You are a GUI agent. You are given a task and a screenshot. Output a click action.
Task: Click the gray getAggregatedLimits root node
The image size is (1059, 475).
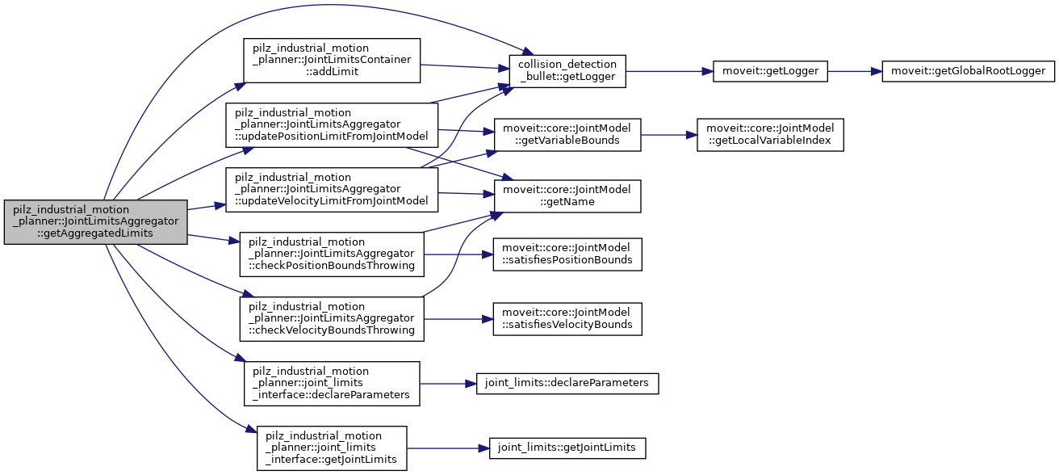pyautogui.click(x=95, y=222)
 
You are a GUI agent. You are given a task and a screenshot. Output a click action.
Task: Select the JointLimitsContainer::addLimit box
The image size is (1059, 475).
pyautogui.click(x=332, y=60)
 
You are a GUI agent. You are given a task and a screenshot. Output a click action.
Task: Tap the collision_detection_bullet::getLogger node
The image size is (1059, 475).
pyautogui.click(x=567, y=70)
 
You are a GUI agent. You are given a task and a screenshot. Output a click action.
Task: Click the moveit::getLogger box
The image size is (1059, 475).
pyautogui.click(x=769, y=70)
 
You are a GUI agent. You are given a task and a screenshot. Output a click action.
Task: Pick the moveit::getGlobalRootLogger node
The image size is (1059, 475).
pyautogui.click(x=968, y=70)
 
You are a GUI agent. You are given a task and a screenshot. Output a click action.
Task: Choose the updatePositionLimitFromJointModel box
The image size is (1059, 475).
pyautogui.click(x=331, y=124)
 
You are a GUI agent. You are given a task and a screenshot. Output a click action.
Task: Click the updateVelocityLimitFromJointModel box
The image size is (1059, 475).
pyautogui.click(x=331, y=190)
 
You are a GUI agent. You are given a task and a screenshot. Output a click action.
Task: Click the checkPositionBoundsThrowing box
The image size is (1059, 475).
pyautogui.click(x=332, y=254)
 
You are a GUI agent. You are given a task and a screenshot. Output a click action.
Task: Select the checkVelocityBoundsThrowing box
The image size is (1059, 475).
pyautogui.click(x=332, y=319)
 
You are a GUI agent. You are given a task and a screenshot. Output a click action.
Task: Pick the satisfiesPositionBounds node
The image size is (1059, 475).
pyautogui.click(x=567, y=254)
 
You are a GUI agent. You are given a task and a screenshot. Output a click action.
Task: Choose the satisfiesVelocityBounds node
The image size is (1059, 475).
pyautogui.click(x=567, y=319)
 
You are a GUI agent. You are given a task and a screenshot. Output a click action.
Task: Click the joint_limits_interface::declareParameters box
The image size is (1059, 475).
pyautogui.click(x=332, y=383)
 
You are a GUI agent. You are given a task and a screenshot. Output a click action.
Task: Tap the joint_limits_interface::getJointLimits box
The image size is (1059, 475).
pyautogui.click(x=332, y=448)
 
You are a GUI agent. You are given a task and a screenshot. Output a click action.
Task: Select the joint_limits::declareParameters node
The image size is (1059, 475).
pyautogui.click(x=567, y=383)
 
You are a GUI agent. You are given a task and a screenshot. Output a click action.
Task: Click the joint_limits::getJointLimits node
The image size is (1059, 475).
pyautogui.click(x=567, y=448)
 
